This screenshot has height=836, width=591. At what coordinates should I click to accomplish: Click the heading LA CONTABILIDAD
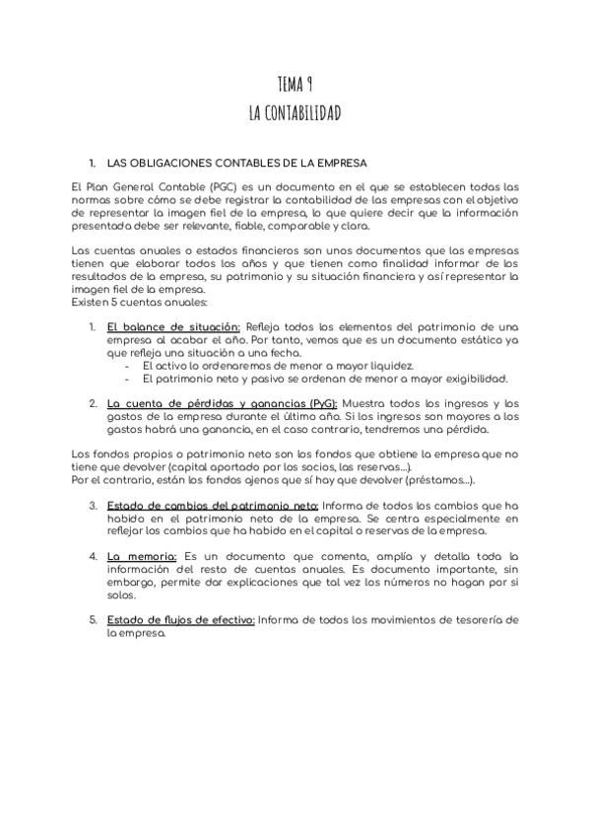(295, 113)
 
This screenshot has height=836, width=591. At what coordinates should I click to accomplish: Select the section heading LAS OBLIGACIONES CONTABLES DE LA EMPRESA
(236, 163)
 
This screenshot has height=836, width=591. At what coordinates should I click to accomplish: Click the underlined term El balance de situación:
(173, 326)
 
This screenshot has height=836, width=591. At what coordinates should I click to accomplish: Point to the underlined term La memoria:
(142, 556)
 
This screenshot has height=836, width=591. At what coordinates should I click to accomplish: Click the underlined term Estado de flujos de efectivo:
(181, 619)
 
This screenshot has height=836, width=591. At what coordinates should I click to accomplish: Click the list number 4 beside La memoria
(93, 556)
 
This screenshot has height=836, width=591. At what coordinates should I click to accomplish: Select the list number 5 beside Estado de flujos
(93, 619)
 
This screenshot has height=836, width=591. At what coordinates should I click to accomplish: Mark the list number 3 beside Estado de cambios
(93, 505)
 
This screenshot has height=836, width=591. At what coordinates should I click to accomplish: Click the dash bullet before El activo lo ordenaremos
(129, 365)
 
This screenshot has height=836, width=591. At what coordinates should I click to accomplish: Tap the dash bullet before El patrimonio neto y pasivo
(129, 378)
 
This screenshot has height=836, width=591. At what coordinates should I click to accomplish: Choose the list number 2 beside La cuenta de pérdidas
(93, 403)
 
